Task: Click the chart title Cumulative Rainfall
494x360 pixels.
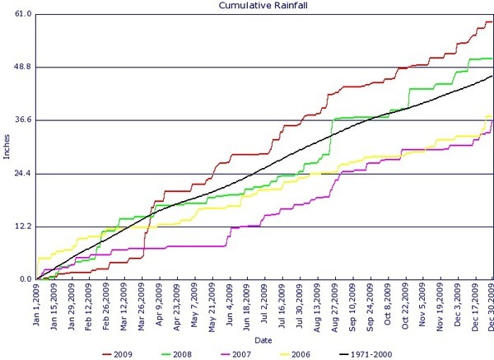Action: click(263, 6)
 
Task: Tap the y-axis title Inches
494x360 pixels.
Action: click(7, 147)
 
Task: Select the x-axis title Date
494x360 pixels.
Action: click(263, 340)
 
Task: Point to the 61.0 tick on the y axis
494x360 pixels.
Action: click(23, 14)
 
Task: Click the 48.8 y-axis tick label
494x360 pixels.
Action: click(23, 67)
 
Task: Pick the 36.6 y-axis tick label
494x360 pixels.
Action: click(23, 119)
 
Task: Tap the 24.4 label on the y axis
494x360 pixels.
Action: click(23, 173)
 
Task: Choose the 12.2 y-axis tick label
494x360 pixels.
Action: click(23, 227)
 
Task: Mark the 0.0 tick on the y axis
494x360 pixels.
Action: click(26, 279)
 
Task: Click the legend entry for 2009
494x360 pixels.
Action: click(118, 354)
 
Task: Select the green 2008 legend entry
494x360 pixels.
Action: click(177, 354)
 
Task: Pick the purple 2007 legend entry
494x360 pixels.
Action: click(236, 354)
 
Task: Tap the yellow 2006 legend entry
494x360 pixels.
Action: click(296, 354)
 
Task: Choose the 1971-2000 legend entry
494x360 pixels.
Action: click(366, 354)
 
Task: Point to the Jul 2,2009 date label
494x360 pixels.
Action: click(264, 300)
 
